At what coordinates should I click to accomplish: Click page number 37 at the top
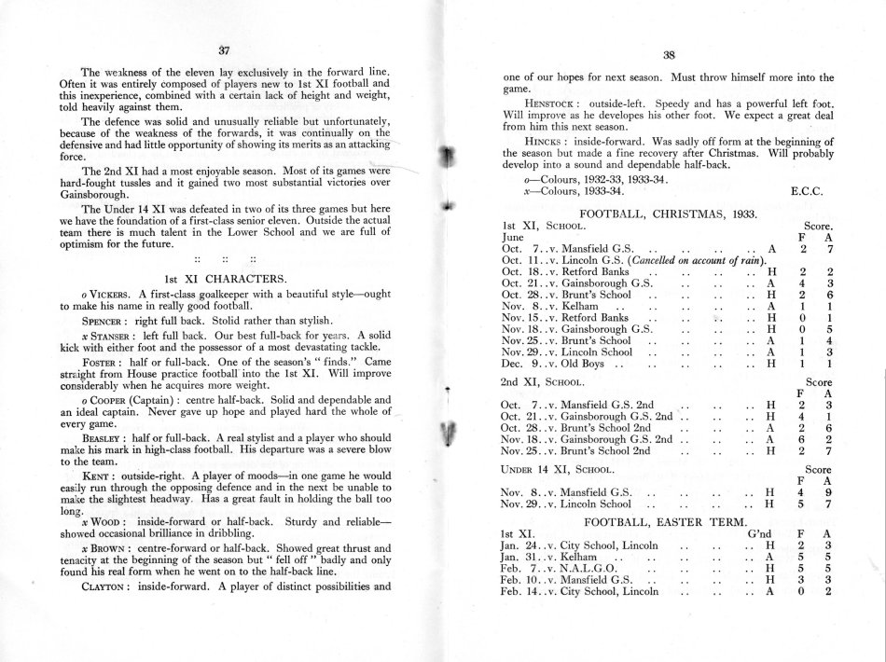[223, 50]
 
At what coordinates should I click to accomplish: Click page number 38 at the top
[668, 55]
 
